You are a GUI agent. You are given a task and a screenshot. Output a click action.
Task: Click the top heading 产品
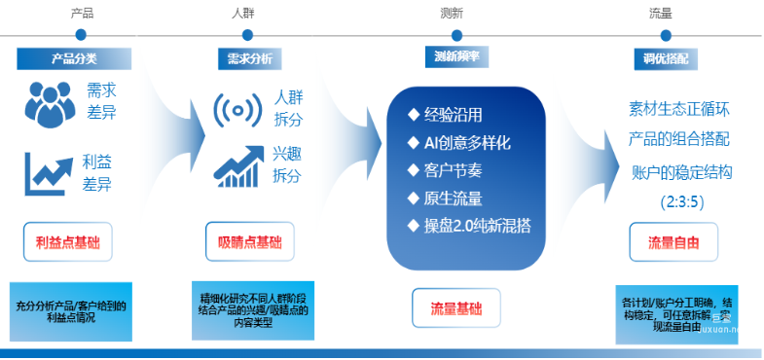tap(82, 14)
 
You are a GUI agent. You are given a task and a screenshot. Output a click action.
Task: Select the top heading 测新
tap(452, 14)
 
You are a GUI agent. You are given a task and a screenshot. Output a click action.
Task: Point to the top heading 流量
tap(660, 14)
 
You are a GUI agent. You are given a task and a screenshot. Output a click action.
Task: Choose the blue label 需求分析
tap(244, 58)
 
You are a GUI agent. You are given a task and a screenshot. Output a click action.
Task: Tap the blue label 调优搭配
tap(666, 57)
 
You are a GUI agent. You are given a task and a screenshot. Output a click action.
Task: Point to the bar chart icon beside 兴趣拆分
tap(238, 165)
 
